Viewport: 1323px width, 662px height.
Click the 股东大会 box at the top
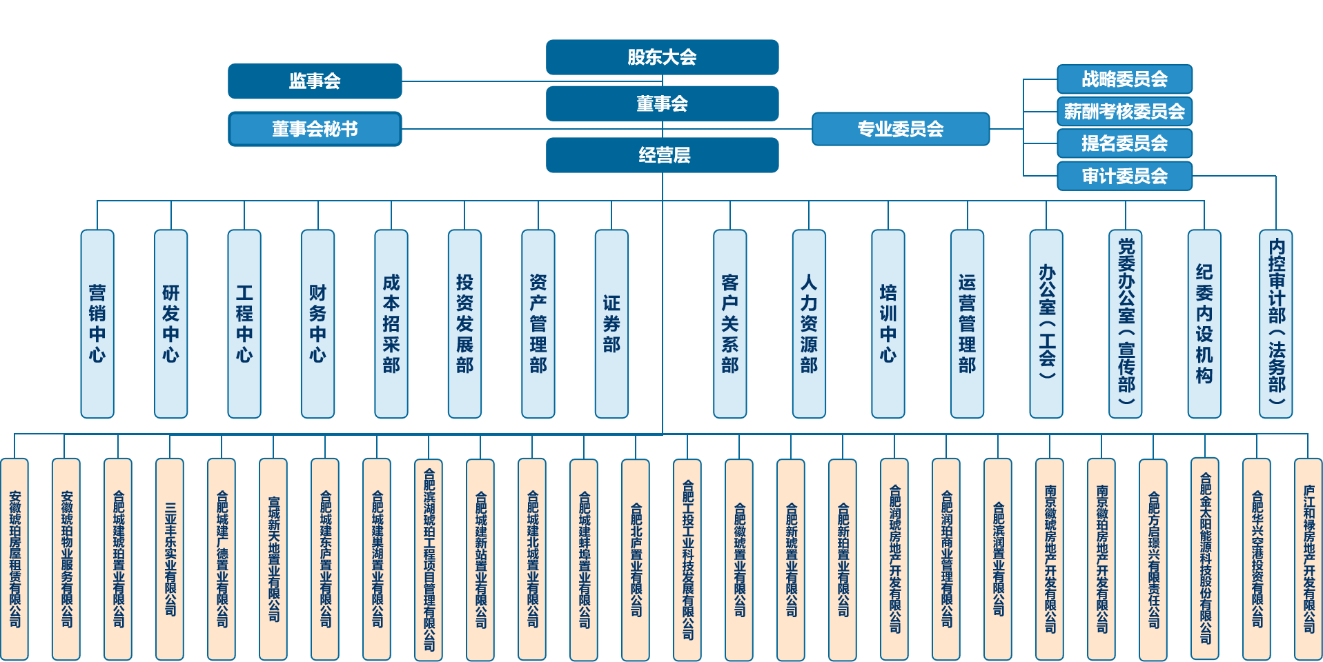[662, 57]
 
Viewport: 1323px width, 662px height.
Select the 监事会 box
[315, 81]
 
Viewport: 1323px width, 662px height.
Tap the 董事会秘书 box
[315, 129]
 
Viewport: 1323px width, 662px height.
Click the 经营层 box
[662, 155]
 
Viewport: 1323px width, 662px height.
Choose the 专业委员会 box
[900, 129]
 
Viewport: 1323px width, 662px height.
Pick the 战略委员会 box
[1124, 79]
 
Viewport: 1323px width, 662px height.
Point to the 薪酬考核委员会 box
[1124, 111]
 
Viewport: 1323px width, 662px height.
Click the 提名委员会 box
[1124, 143]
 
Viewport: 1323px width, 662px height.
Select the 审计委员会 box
[1124, 176]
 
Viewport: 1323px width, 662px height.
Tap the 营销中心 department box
[97, 324]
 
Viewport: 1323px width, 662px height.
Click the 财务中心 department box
[317, 324]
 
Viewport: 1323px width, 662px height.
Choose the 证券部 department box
[611, 324]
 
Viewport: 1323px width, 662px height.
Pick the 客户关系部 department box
[729, 324]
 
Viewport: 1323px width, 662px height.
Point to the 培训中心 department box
[888, 324]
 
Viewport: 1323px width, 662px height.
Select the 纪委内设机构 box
[1204, 324]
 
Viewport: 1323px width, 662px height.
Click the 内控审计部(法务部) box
[1276, 324]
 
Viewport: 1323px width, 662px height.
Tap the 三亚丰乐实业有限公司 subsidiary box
[170, 559]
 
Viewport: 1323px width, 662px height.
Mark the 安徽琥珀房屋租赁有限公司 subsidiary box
[14, 559]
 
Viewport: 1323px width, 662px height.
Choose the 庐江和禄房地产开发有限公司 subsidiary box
[1309, 559]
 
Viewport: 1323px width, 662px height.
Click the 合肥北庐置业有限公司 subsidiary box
[636, 559]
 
